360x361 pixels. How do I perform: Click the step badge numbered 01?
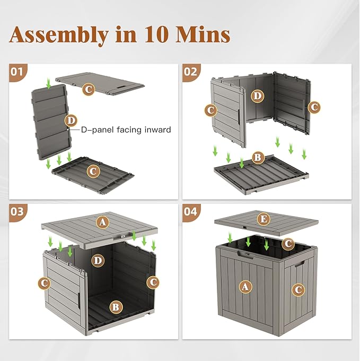(x=17, y=71)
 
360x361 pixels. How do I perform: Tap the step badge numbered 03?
(x=17, y=211)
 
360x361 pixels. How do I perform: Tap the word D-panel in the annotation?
(x=96, y=129)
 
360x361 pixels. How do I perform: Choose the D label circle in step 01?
(x=71, y=121)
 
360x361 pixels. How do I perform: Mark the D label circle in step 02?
(x=258, y=96)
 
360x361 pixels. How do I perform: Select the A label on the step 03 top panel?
(x=102, y=222)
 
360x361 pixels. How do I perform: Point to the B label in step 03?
(x=115, y=306)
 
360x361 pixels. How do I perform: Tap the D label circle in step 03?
(x=97, y=260)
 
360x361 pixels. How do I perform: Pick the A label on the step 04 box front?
(x=245, y=287)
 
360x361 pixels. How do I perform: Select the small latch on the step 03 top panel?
(x=123, y=237)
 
